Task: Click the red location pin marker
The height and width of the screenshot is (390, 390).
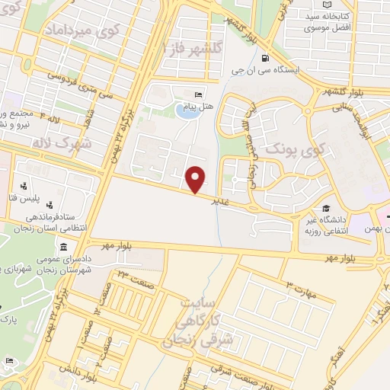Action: click(197, 179)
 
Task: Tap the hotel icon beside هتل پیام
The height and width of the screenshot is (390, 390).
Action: click(199, 94)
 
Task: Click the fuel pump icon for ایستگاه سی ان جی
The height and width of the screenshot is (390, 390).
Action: click(264, 57)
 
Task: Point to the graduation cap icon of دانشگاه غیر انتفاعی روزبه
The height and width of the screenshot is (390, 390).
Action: click(326, 209)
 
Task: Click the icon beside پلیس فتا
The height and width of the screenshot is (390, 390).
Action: click(24, 185)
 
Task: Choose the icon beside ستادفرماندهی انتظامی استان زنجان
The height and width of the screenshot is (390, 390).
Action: click(50, 204)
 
